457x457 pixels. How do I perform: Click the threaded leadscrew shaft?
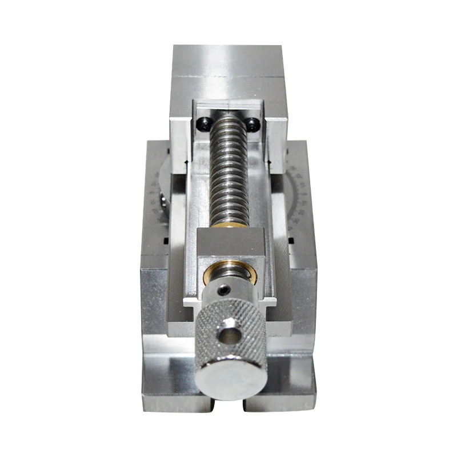click(228, 171)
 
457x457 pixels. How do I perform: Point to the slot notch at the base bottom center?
click(229, 403)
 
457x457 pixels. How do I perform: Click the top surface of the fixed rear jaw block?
click(228, 60)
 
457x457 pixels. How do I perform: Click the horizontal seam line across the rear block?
click(228, 76)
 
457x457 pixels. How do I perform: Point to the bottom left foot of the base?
click(177, 400)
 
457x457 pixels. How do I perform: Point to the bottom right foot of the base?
click(280, 400)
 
